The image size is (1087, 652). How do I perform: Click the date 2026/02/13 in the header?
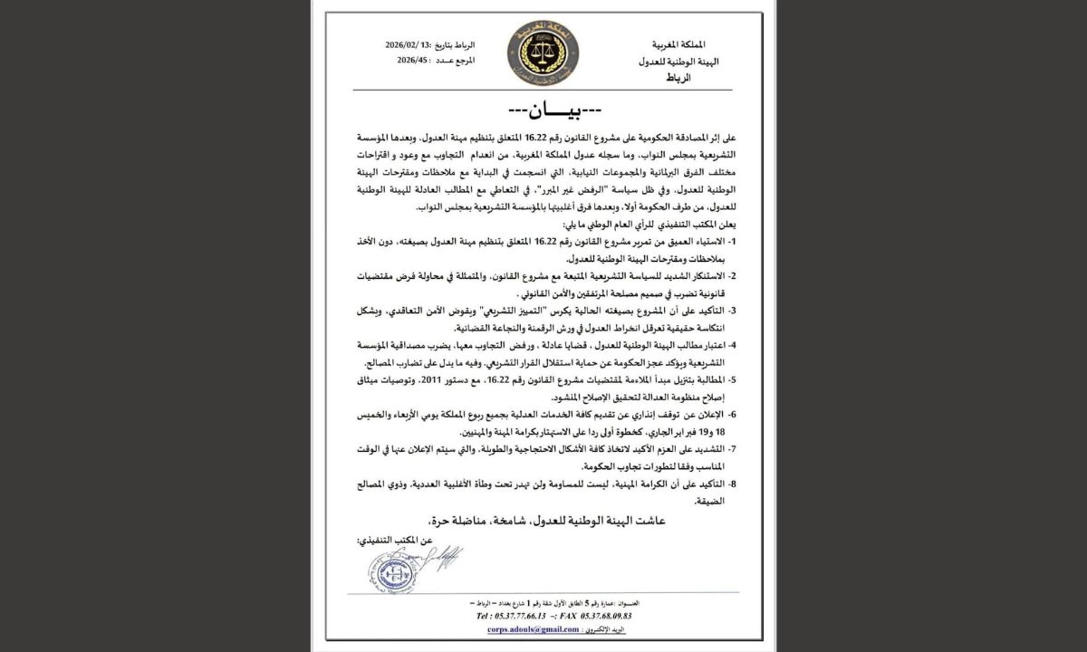pyautogui.click(x=405, y=45)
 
